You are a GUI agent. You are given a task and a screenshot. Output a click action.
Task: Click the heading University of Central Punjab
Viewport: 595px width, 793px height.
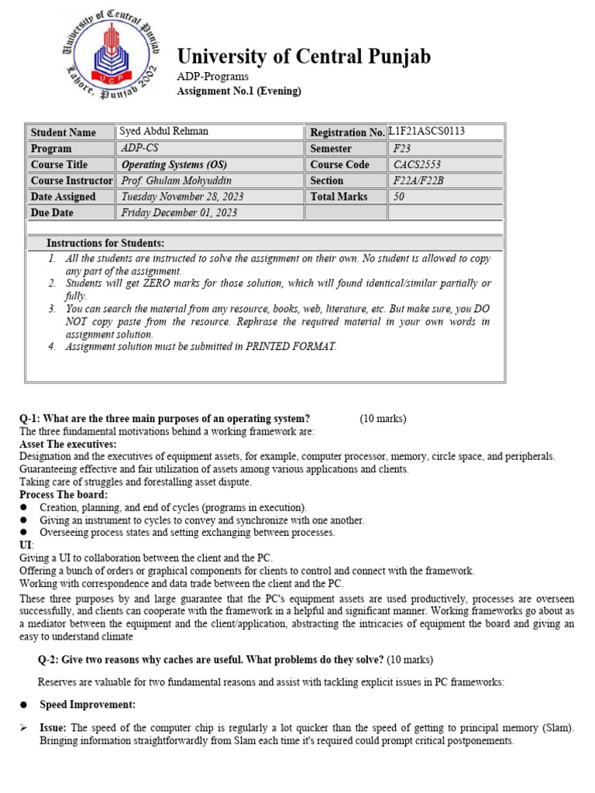pos(304,57)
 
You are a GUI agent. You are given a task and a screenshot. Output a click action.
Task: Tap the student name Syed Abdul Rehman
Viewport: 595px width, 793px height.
pos(163,131)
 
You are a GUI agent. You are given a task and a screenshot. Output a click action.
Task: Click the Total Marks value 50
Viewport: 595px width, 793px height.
pos(399,197)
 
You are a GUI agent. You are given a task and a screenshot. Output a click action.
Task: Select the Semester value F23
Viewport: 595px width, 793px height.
pos(402,148)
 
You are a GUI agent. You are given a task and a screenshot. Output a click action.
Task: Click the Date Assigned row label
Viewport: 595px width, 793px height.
pos(64,197)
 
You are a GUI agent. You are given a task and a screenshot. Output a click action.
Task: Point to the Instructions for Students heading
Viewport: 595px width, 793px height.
pos(105,243)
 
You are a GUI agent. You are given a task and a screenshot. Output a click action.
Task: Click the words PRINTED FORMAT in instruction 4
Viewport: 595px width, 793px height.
pos(291,346)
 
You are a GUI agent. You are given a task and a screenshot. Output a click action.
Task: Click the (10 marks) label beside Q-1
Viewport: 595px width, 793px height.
pos(383,419)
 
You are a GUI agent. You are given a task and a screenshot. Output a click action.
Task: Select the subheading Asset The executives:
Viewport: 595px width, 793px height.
pos(68,445)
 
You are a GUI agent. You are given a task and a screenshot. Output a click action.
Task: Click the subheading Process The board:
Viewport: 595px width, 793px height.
pos(64,495)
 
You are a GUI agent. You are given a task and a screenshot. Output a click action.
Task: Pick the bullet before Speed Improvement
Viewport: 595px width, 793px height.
pos(24,705)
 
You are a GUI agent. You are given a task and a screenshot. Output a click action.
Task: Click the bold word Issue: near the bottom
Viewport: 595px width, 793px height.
pos(53,728)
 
